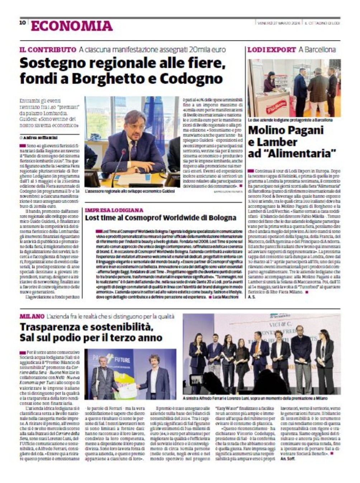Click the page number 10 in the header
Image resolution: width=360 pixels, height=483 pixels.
tap(22, 23)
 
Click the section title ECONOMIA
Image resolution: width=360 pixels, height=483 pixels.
tap(72, 26)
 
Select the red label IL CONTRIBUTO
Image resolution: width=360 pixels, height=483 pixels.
tap(48, 50)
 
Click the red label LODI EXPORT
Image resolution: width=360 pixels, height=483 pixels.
tap(272, 50)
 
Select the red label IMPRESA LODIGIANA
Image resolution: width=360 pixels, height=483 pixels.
tap(114, 210)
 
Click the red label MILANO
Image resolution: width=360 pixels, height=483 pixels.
tap(32, 316)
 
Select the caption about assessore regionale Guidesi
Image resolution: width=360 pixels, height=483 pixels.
tap(130, 192)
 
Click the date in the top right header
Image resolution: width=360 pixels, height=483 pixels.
tap(279, 23)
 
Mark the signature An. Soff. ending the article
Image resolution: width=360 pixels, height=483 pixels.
tap(289, 458)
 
